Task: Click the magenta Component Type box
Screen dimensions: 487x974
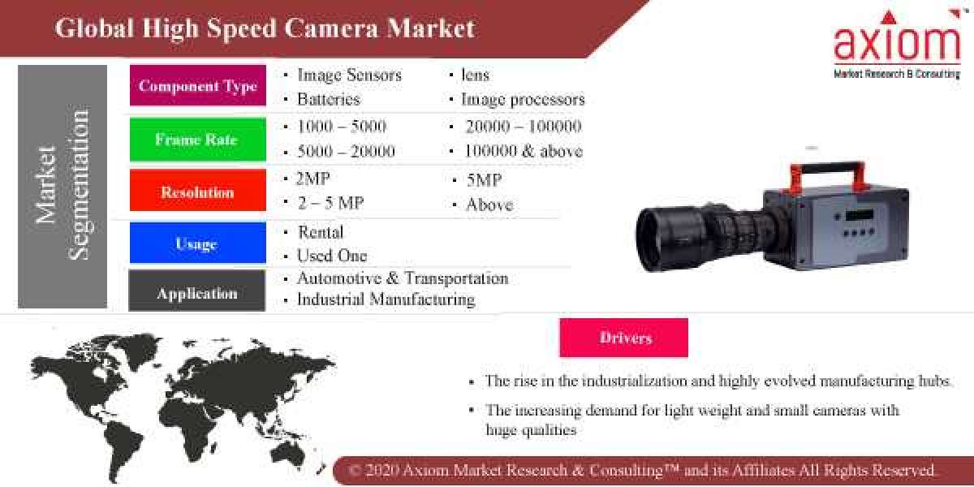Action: tap(197, 85)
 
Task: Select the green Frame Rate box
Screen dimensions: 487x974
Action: tap(197, 139)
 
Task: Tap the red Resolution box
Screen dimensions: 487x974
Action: tap(197, 192)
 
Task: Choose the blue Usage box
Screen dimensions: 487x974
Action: tap(197, 243)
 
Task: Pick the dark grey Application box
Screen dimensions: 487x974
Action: tap(197, 293)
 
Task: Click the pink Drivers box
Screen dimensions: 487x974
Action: tap(623, 338)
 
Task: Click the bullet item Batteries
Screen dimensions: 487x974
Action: tap(328, 100)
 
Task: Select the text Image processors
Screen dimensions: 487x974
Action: tap(523, 100)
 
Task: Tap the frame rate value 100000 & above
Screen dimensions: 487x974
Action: tap(524, 151)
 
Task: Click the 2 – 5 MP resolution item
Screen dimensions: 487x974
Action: tap(330, 203)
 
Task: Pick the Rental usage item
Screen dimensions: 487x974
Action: tap(320, 232)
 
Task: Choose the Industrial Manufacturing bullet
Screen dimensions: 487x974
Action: tap(386, 300)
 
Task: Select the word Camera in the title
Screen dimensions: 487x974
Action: tap(333, 28)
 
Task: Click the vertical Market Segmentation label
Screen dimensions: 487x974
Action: tap(62, 187)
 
